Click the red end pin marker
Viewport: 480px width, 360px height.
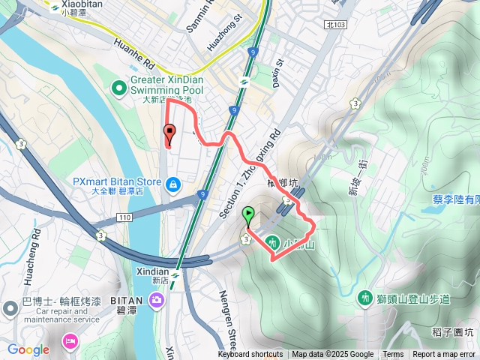[169, 135]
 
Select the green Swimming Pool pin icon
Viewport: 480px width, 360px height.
[119, 88]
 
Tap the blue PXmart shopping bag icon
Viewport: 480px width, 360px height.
[173, 183]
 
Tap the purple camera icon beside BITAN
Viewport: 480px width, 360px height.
[157, 301]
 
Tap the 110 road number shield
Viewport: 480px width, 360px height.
[124, 217]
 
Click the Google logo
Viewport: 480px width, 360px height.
[28, 349]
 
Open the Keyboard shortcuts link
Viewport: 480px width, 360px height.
[250, 355]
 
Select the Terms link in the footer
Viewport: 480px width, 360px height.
[393, 355]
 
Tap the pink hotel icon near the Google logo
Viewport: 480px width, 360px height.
[69, 342]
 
